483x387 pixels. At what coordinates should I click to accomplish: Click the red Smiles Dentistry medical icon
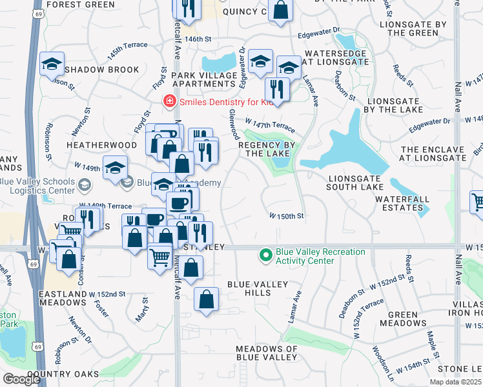[169, 102]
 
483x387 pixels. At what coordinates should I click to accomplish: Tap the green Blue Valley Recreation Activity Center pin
[265, 256]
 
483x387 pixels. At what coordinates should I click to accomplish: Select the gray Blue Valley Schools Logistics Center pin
[83, 186]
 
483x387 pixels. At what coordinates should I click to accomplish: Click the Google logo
[21, 379]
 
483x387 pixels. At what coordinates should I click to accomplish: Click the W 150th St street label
[286, 216]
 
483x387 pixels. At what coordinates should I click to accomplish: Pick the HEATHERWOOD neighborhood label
[101, 146]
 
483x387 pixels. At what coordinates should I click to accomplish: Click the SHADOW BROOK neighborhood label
[102, 70]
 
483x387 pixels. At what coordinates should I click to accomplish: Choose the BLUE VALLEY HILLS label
[257, 288]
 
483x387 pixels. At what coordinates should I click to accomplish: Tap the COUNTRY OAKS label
[63, 374]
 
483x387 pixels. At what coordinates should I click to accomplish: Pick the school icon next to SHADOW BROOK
[52, 64]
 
